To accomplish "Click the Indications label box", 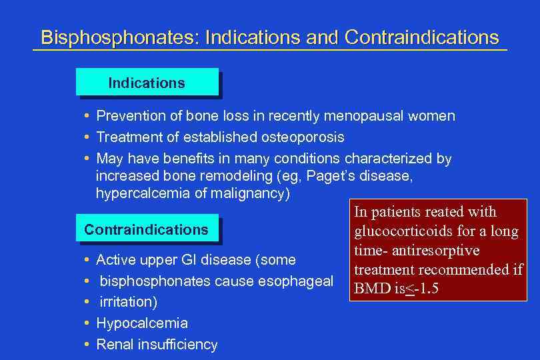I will (x=147, y=83).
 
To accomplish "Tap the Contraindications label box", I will (x=146, y=230).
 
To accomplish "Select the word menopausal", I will (x=361, y=116).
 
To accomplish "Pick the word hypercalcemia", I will (x=138, y=195).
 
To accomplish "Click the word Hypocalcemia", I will (x=142, y=323).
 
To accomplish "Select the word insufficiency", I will (x=177, y=345).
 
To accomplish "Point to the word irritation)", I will (x=129, y=302).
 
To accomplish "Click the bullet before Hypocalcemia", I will (x=88, y=323).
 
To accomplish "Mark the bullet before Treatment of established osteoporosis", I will (x=88, y=137).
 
